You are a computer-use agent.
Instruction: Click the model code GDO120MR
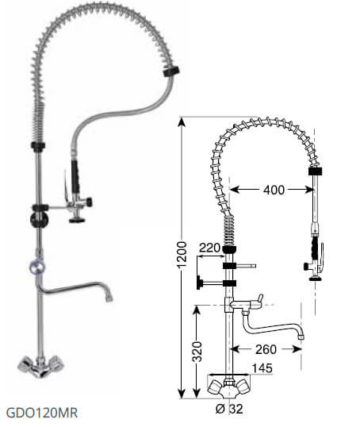pyautogui.click(x=42, y=413)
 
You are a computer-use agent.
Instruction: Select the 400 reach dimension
pyautogui.click(x=274, y=190)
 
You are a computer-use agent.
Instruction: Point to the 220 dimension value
pyautogui.click(x=209, y=248)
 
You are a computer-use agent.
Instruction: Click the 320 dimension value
pyautogui.click(x=197, y=352)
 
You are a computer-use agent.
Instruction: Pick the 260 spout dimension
pyautogui.click(x=266, y=349)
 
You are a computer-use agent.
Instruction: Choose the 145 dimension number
pyautogui.click(x=262, y=368)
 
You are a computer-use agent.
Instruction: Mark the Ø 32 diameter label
pyautogui.click(x=229, y=409)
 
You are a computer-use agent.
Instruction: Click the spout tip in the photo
pyautogui.click(x=109, y=298)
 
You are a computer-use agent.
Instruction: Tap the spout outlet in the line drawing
pyautogui.click(x=301, y=337)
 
